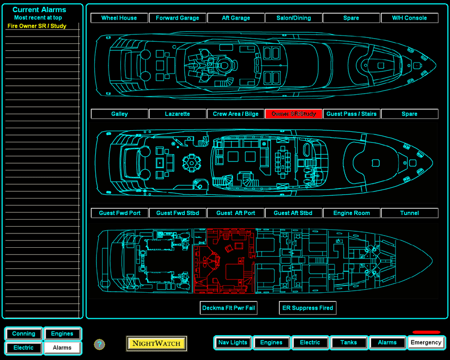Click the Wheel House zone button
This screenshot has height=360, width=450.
[119, 18]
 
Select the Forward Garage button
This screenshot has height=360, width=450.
[177, 18]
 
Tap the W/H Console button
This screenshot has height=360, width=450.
[409, 18]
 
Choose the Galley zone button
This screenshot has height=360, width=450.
[119, 114]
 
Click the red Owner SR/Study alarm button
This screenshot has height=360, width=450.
[293, 114]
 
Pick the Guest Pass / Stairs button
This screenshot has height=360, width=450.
[351, 114]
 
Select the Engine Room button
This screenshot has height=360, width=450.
[351, 213]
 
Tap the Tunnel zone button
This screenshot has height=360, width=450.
[409, 213]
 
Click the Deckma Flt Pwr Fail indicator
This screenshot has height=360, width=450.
[229, 308]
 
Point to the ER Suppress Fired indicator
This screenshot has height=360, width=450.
[308, 308]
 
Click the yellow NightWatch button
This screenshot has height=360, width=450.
[157, 343]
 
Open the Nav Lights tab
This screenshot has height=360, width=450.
[232, 343]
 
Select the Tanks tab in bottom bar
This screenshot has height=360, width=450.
[348, 343]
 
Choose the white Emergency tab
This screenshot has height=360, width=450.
[426, 343]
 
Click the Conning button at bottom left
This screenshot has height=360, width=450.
[24, 334]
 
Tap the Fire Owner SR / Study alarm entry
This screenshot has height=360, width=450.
[37, 26]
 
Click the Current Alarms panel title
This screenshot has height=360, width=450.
[39, 10]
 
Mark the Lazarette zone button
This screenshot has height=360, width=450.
[177, 114]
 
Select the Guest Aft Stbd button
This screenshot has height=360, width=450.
[293, 213]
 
